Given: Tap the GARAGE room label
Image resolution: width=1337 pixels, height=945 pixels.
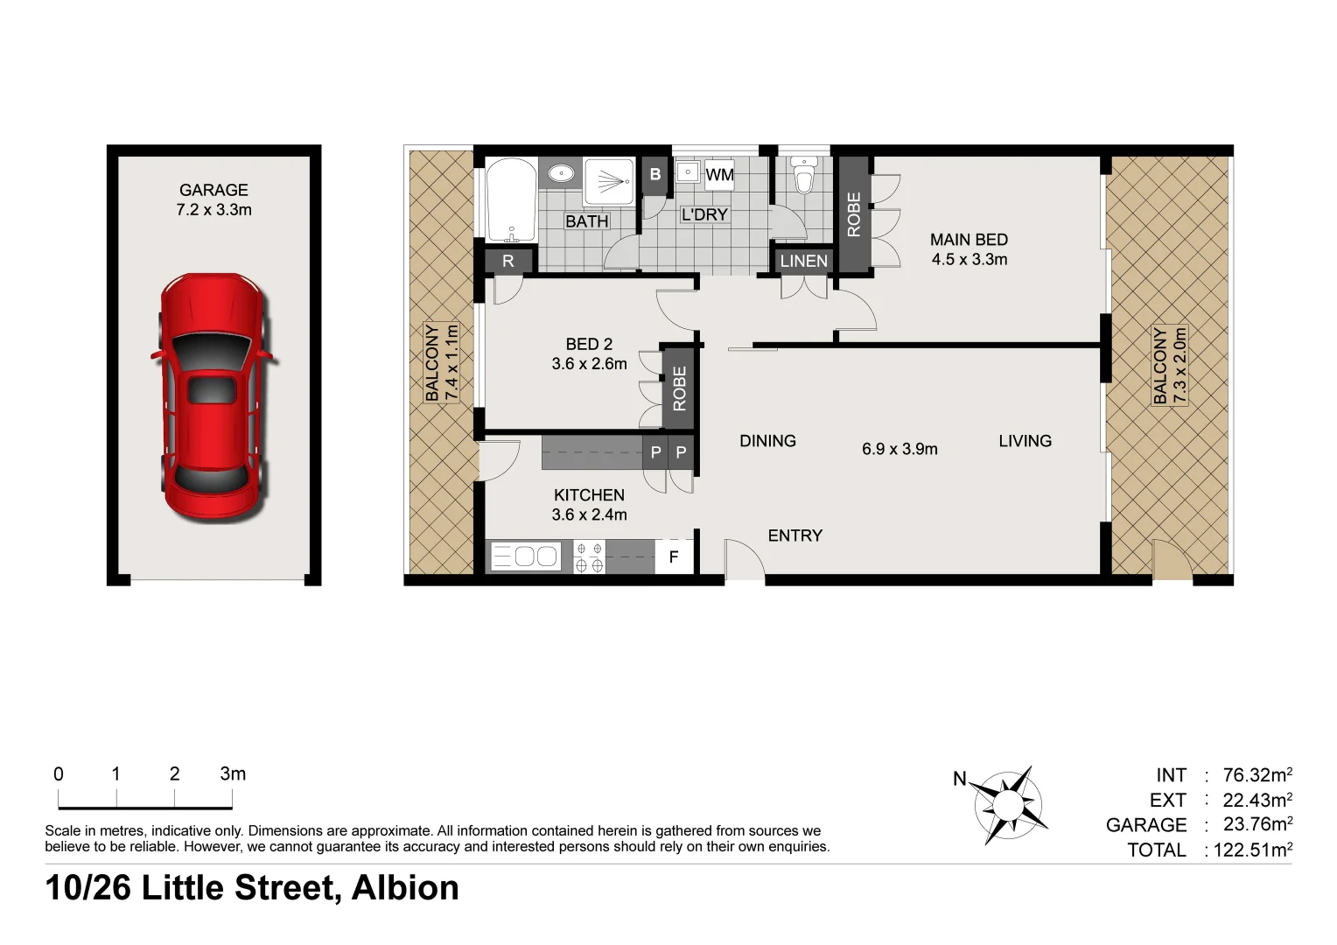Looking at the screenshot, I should click(213, 190).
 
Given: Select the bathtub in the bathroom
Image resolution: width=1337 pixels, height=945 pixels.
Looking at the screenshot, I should click(510, 200).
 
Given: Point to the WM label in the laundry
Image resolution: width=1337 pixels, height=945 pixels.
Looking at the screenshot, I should click(719, 174).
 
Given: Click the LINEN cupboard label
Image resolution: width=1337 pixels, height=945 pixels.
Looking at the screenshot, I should click(803, 261).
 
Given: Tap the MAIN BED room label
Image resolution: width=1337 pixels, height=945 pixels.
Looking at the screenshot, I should click(969, 240).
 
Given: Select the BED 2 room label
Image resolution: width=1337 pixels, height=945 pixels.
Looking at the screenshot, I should click(589, 345).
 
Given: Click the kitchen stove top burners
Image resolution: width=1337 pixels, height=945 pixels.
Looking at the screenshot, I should click(588, 557).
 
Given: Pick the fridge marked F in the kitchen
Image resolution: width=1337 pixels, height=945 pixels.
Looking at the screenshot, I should click(674, 556).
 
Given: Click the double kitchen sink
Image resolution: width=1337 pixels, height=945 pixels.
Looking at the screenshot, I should click(525, 556).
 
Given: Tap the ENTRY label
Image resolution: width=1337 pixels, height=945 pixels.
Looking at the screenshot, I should click(794, 535).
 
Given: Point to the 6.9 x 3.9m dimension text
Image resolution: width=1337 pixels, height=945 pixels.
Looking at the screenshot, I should click(899, 449).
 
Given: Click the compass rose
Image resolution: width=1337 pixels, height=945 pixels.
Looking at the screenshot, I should click(1011, 803).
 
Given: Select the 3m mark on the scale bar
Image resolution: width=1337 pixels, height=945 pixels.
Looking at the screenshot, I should click(233, 774).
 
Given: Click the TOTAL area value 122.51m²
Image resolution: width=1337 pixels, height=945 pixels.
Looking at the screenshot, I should click(1252, 850).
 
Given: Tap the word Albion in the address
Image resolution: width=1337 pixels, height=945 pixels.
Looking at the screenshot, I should click(404, 888).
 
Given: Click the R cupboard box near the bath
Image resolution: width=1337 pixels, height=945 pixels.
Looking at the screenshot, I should click(508, 261).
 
